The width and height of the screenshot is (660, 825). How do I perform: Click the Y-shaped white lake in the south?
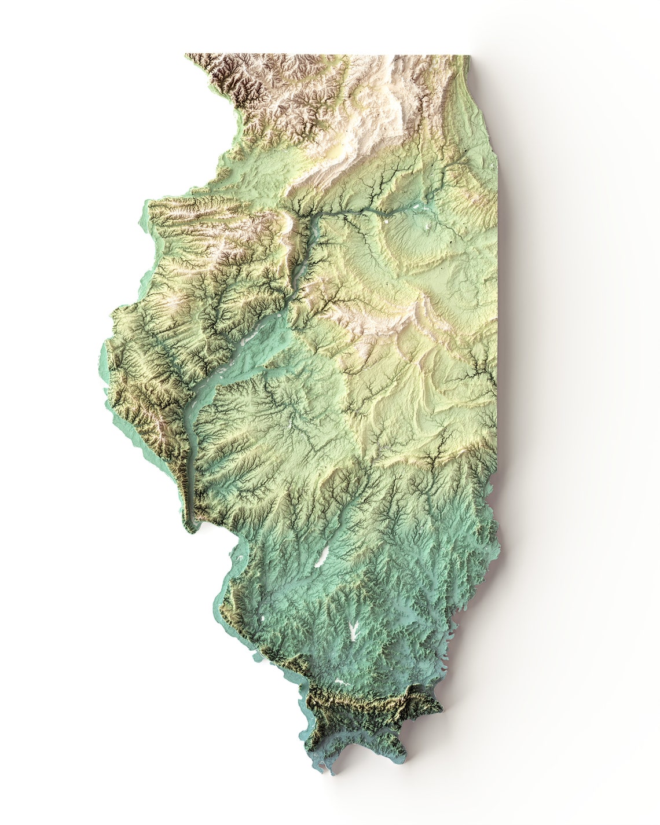[x=353, y=631]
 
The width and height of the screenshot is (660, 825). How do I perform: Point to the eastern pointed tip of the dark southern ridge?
[x=440, y=706]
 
